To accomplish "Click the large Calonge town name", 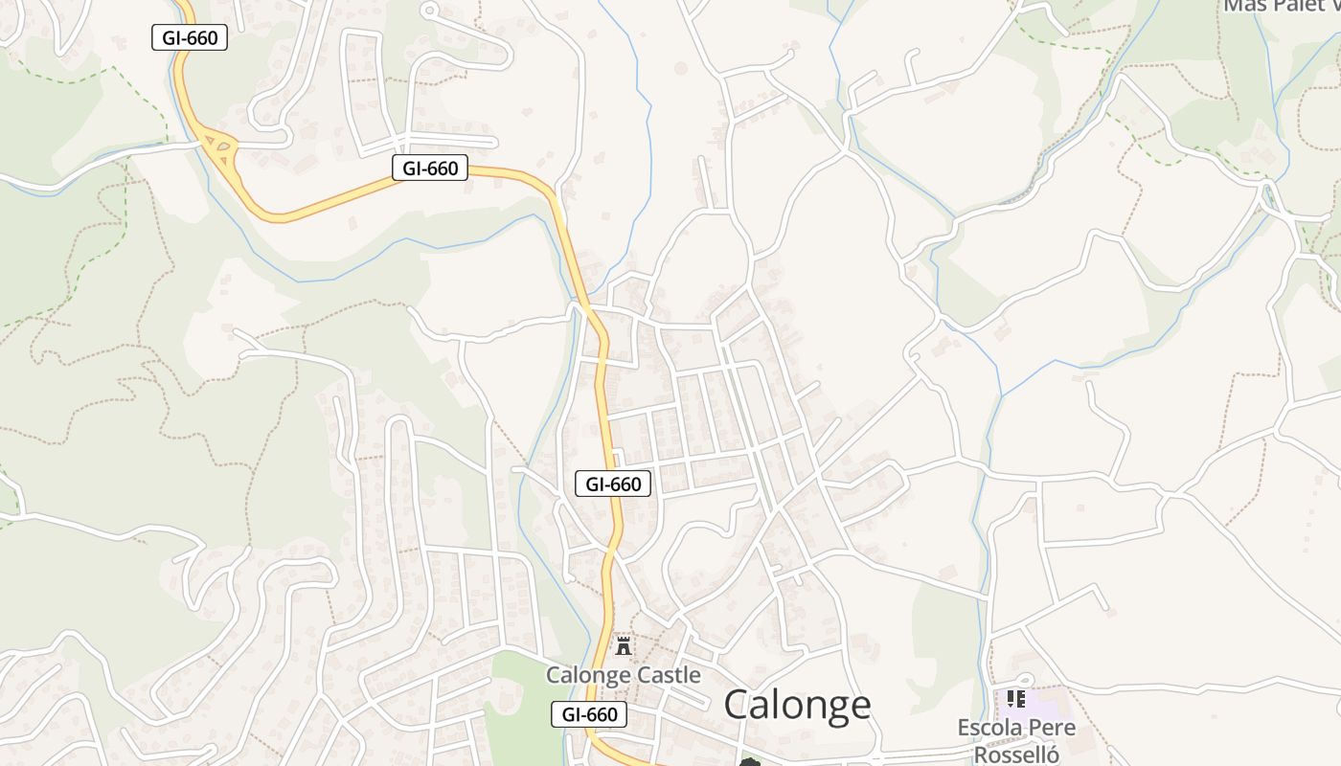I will [797, 705].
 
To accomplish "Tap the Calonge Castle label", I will [623, 675].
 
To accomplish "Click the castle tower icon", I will [624, 645].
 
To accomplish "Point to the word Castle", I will [666, 675].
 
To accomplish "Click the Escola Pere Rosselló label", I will [1016, 740].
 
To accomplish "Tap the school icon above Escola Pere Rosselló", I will [1016, 699].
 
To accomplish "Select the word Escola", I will [989, 728].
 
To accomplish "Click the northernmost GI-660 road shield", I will [190, 38].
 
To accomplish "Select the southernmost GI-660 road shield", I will [589, 713].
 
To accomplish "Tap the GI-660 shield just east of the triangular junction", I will [430, 169].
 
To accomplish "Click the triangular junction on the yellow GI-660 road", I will [221, 147].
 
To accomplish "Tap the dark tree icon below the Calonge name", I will [749, 762].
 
